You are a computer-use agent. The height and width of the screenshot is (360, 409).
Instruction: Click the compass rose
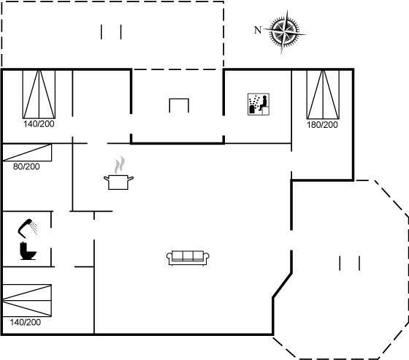click(x=285, y=31)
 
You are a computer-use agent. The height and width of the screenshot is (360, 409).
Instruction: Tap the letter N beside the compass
click(x=258, y=30)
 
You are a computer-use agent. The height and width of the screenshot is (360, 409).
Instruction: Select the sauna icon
click(x=259, y=104)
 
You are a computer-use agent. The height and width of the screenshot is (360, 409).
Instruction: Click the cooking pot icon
click(x=118, y=182)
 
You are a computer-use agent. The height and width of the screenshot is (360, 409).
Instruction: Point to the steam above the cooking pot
click(x=119, y=165)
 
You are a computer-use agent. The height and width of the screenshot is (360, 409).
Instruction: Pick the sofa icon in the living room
click(x=188, y=258)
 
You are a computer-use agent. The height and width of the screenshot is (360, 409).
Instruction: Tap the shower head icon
click(x=28, y=228)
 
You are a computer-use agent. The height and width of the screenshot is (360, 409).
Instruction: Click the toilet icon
click(x=28, y=251)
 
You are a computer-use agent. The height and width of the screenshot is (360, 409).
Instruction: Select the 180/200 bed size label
click(x=322, y=125)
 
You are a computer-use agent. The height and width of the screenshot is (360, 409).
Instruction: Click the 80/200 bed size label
click(x=26, y=166)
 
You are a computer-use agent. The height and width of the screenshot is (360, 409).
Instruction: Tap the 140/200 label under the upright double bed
click(x=39, y=123)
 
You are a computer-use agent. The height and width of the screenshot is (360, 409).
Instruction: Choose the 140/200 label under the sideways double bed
click(x=26, y=322)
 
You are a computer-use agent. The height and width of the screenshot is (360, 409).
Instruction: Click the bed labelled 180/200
click(x=323, y=94)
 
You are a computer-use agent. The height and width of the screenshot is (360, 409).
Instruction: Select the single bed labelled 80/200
click(x=27, y=153)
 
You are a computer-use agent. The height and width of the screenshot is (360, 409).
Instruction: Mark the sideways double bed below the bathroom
click(x=27, y=301)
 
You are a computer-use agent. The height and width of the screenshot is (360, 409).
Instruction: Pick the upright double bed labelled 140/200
click(x=39, y=94)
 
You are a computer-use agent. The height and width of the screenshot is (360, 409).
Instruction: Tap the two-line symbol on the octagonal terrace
click(x=350, y=263)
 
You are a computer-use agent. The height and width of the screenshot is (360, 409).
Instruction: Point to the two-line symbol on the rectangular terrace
click(x=111, y=32)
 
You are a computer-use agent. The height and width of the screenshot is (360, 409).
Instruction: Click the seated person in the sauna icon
click(x=264, y=103)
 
